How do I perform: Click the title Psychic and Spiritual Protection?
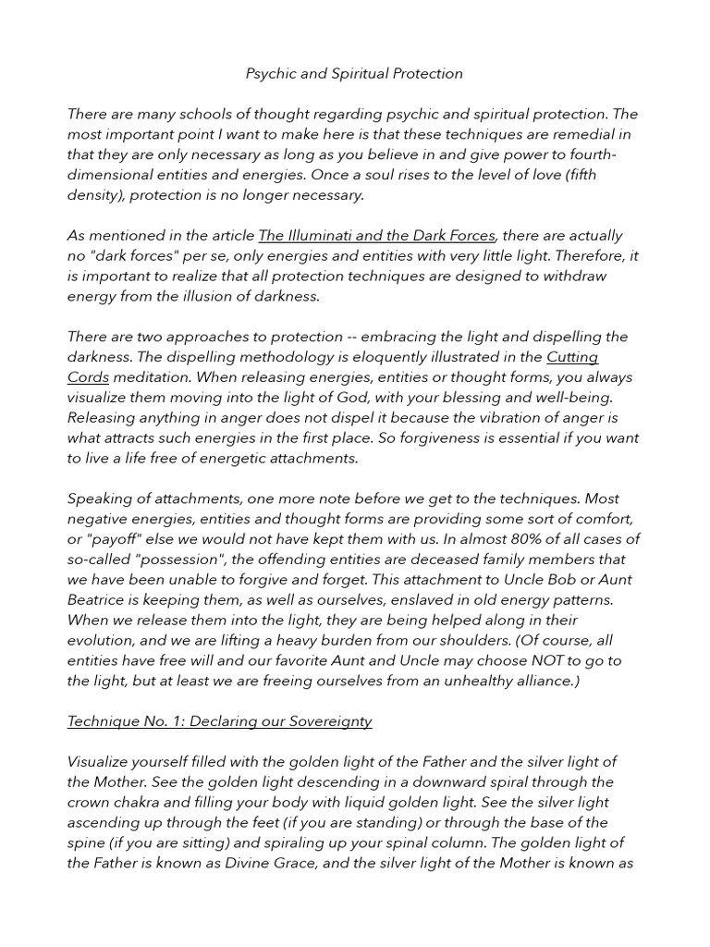coord(354,73)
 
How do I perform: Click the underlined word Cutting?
coord(572,357)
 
